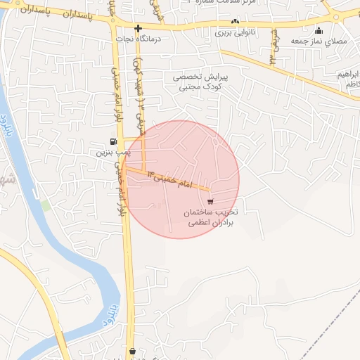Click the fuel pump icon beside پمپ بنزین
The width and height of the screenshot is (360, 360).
[113, 141]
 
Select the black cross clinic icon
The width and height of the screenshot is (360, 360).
[138, 29]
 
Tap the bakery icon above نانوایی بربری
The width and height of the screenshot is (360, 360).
[234, 22]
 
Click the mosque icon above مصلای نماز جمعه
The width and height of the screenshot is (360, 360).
[319, 30]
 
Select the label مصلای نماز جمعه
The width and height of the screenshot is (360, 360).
[325, 41]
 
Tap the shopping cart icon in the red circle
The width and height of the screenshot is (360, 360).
[211, 201]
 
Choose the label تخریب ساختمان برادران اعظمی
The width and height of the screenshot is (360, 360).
[212, 217]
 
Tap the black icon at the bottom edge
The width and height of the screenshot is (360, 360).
[132, 351]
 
